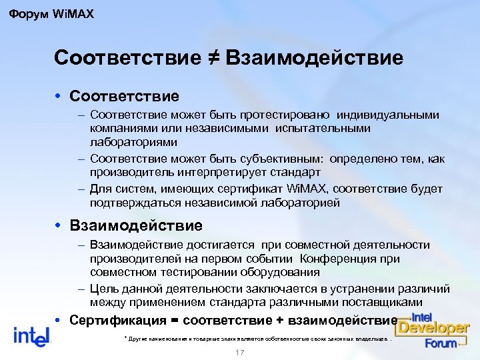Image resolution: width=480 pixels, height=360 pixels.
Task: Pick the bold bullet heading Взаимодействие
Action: (x=136, y=226)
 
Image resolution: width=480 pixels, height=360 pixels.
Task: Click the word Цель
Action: (x=105, y=289)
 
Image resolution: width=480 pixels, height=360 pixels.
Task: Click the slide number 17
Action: (x=240, y=352)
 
